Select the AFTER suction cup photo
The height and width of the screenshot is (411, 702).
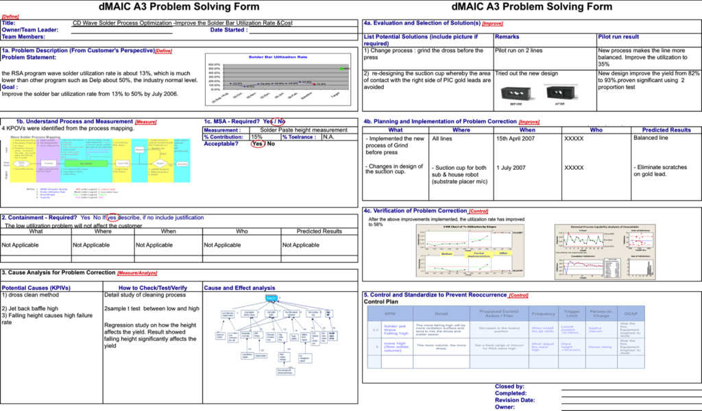tap(559, 93)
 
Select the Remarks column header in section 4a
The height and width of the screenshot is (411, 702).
tap(507, 36)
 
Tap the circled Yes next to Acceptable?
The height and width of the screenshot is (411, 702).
tap(257, 144)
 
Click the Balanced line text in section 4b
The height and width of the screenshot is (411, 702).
tap(651, 138)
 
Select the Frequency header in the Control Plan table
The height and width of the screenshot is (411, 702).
tap(543, 312)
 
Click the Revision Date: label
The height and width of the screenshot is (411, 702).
tap(515, 400)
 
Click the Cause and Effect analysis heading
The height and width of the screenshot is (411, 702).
tap(239, 288)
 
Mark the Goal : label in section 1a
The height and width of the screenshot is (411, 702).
tap(12, 87)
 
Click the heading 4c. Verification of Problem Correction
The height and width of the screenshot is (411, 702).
tap(425, 210)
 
